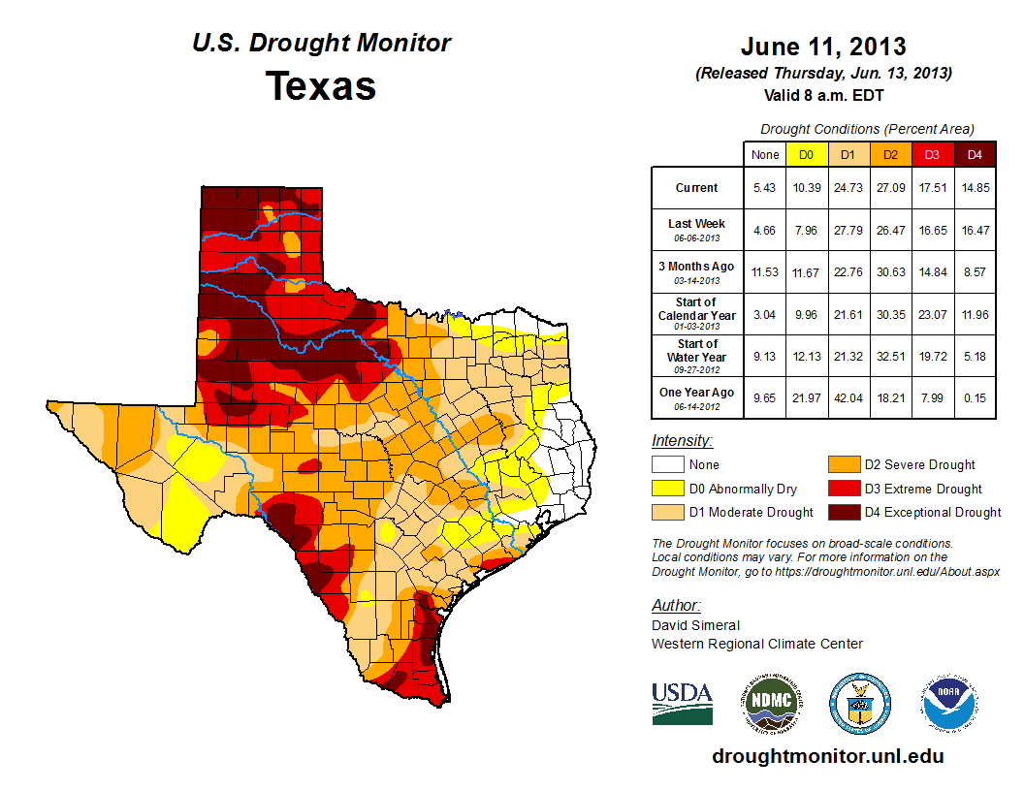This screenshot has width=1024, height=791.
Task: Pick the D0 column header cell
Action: coord(806,154)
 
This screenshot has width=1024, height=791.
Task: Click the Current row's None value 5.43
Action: coord(764,188)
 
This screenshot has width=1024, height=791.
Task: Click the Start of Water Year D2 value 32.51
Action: coord(889,357)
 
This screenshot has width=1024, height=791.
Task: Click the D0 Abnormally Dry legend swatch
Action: coord(664,489)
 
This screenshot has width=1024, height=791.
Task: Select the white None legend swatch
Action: coord(664,465)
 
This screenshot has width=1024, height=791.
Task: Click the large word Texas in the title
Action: coord(321,85)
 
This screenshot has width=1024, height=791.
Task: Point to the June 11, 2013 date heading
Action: coord(823,46)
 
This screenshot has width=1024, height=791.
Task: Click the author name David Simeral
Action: coord(695,625)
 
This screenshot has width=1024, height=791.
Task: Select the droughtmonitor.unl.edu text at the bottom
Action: coord(827,756)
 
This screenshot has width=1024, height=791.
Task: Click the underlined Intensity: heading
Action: coord(682,441)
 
